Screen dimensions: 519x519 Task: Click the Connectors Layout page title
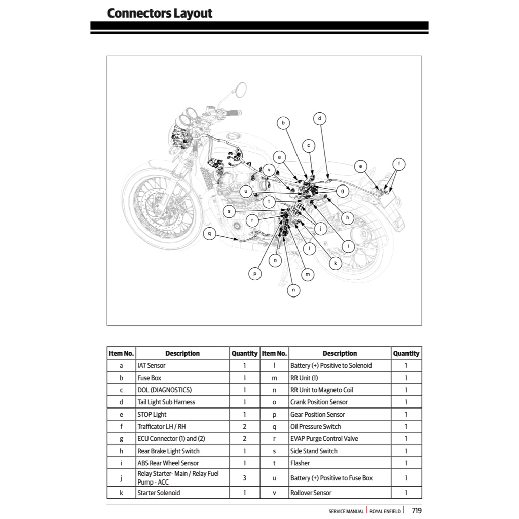(160, 13)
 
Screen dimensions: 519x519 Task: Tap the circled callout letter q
(209, 234)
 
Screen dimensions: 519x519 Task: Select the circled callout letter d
(319, 119)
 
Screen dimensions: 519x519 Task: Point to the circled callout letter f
(399, 164)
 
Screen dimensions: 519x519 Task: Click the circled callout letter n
(293, 290)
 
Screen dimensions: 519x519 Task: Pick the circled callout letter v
(269, 170)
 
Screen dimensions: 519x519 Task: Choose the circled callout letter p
(255, 274)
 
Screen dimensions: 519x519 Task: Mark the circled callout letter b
(284, 122)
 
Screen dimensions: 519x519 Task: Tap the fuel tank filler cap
(234, 136)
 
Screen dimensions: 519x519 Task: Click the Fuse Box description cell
(150, 378)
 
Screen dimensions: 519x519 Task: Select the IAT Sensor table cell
(152, 365)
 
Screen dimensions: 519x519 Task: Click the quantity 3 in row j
(244, 478)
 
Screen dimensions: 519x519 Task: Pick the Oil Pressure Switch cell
(315, 426)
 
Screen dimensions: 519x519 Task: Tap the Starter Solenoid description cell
(159, 493)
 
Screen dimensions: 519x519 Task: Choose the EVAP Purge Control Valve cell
(324, 438)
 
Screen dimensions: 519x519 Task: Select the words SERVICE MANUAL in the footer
(346, 511)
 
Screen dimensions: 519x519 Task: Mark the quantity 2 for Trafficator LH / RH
(244, 426)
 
